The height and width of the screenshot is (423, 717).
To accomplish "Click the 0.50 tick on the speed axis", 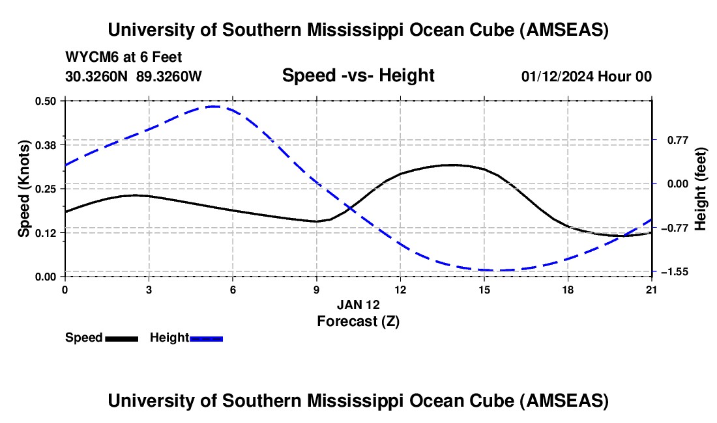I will [46, 101].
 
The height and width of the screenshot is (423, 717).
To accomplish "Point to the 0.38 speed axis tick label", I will [46, 144].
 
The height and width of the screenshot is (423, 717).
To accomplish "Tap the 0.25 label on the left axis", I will [46, 189].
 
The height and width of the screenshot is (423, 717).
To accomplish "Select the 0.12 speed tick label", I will [46, 233].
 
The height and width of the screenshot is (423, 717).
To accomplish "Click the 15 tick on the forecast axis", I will [484, 289].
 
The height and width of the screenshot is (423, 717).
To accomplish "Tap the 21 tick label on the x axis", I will [651, 289].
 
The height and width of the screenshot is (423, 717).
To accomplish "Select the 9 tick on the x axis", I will [316, 289].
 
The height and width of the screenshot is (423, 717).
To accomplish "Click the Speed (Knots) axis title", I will [23, 189].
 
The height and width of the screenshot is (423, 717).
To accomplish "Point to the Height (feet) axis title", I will [701, 189].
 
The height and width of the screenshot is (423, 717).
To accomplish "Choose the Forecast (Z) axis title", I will [358, 321].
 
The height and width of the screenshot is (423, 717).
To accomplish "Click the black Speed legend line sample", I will [121, 338].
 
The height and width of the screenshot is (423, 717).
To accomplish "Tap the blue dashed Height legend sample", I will [206, 338].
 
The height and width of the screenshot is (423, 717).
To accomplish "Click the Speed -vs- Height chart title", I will [358, 75].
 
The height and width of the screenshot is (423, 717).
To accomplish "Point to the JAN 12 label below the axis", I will [358, 305].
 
